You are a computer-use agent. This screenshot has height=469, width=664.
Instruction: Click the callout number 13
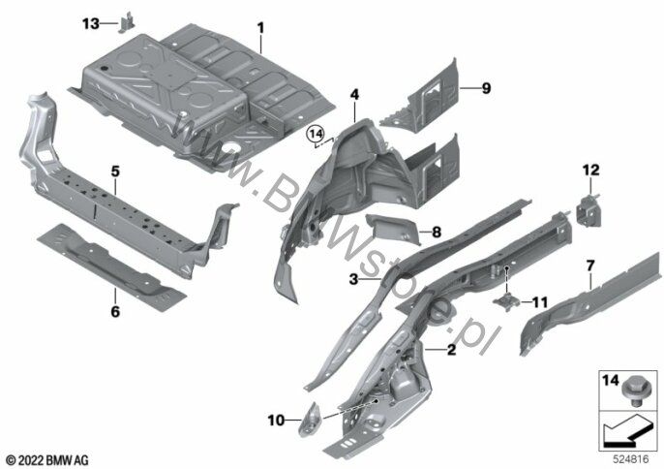90,24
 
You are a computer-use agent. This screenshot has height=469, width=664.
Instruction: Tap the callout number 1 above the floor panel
261,28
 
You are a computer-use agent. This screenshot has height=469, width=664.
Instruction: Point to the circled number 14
316,135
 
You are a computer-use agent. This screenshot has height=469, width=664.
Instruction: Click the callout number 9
486,88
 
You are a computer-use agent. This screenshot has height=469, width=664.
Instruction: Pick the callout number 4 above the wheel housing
354,95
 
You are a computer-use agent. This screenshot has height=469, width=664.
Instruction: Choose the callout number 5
115,172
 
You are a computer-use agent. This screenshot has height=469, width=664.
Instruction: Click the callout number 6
115,312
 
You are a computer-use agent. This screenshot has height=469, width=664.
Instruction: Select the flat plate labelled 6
112,267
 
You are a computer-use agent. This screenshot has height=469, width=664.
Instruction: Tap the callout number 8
437,232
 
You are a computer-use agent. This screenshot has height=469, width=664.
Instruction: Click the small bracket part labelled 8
392,228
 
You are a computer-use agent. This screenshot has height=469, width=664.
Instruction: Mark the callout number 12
591,170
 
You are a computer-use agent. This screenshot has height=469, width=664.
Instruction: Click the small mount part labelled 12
589,210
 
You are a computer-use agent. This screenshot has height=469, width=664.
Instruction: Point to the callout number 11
539,302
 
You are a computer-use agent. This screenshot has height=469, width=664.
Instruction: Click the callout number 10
276,421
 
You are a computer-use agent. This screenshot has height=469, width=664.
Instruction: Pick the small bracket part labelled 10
310,420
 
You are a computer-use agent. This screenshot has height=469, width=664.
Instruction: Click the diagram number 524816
631,459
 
